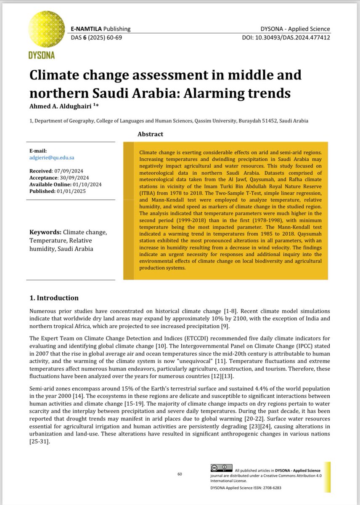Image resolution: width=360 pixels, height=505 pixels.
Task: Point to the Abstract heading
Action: click(x=150, y=134)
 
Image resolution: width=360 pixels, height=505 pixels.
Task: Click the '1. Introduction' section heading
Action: click(x=54, y=298)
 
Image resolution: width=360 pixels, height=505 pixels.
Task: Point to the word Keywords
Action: click(x=45, y=232)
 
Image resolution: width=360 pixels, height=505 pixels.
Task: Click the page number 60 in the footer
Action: click(x=180, y=474)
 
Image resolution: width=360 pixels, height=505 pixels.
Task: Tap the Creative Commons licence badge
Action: click(x=220, y=469)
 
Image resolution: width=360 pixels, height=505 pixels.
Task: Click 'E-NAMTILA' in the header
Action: click(x=86, y=29)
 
